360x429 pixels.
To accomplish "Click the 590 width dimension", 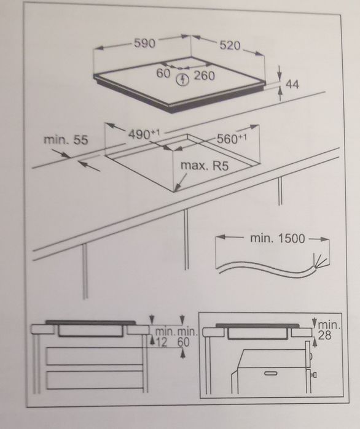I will tap(145, 44).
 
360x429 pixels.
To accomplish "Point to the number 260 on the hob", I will tap(204, 76).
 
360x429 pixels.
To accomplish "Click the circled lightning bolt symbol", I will tap(182, 78).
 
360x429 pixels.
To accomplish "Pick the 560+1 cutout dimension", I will tap(231, 139).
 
